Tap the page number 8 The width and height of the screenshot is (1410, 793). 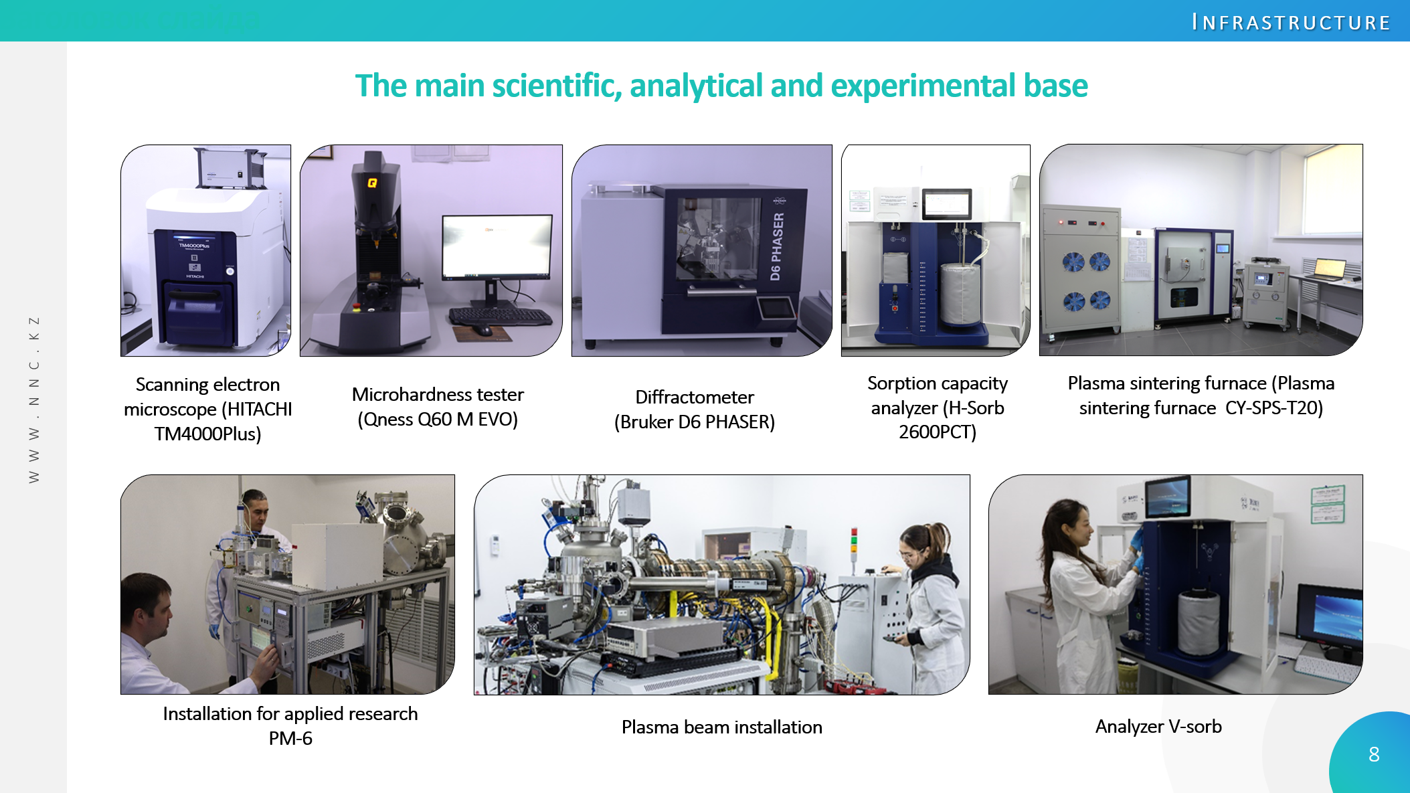1374,754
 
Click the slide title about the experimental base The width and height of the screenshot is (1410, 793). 721,86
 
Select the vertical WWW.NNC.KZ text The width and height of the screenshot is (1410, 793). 34,400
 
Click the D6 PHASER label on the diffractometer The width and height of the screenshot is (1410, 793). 776,246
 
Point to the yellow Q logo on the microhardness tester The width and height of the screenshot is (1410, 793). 372,183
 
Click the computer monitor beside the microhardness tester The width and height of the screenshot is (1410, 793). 497,247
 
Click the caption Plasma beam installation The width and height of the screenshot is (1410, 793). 721,727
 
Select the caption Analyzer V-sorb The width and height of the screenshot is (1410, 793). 1158,726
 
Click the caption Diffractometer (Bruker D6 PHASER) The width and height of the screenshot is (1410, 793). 695,409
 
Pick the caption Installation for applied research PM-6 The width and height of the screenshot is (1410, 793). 290,725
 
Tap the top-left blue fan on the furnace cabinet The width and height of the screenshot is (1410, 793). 1073,261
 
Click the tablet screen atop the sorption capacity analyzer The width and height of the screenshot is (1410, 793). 946,203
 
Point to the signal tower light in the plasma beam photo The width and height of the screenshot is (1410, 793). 854,543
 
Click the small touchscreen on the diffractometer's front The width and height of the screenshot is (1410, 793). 776,308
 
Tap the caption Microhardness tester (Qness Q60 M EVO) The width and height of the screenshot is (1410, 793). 438,407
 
